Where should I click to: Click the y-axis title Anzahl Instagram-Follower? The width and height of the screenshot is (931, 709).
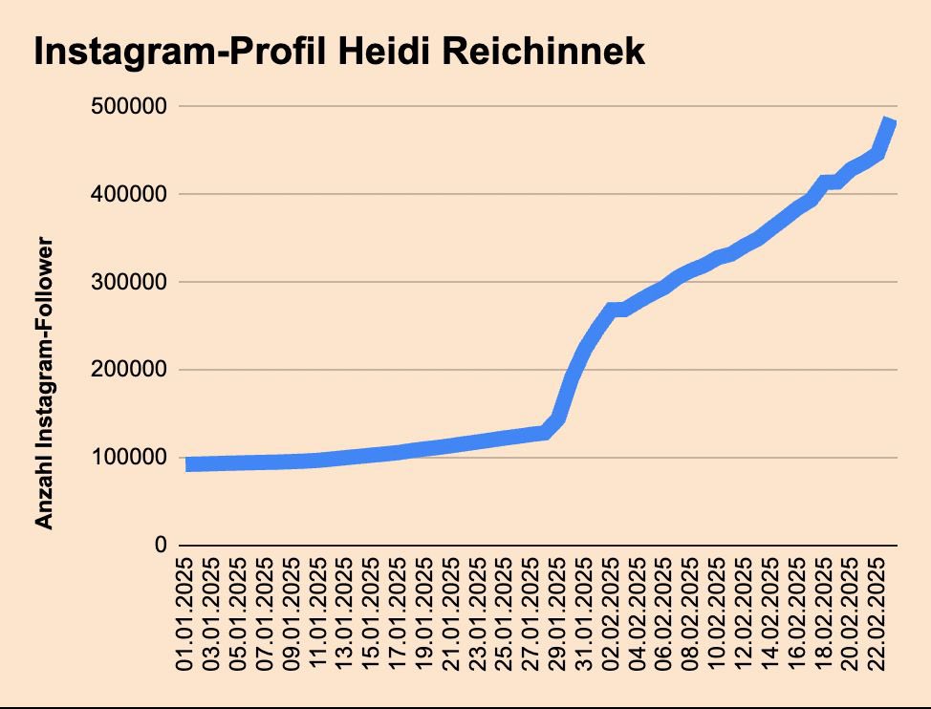click(x=43, y=382)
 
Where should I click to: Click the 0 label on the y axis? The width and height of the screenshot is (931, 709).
click(x=161, y=546)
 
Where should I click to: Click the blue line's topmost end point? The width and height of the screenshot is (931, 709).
click(x=891, y=121)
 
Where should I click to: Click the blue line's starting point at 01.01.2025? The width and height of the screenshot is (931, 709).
click(x=187, y=464)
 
